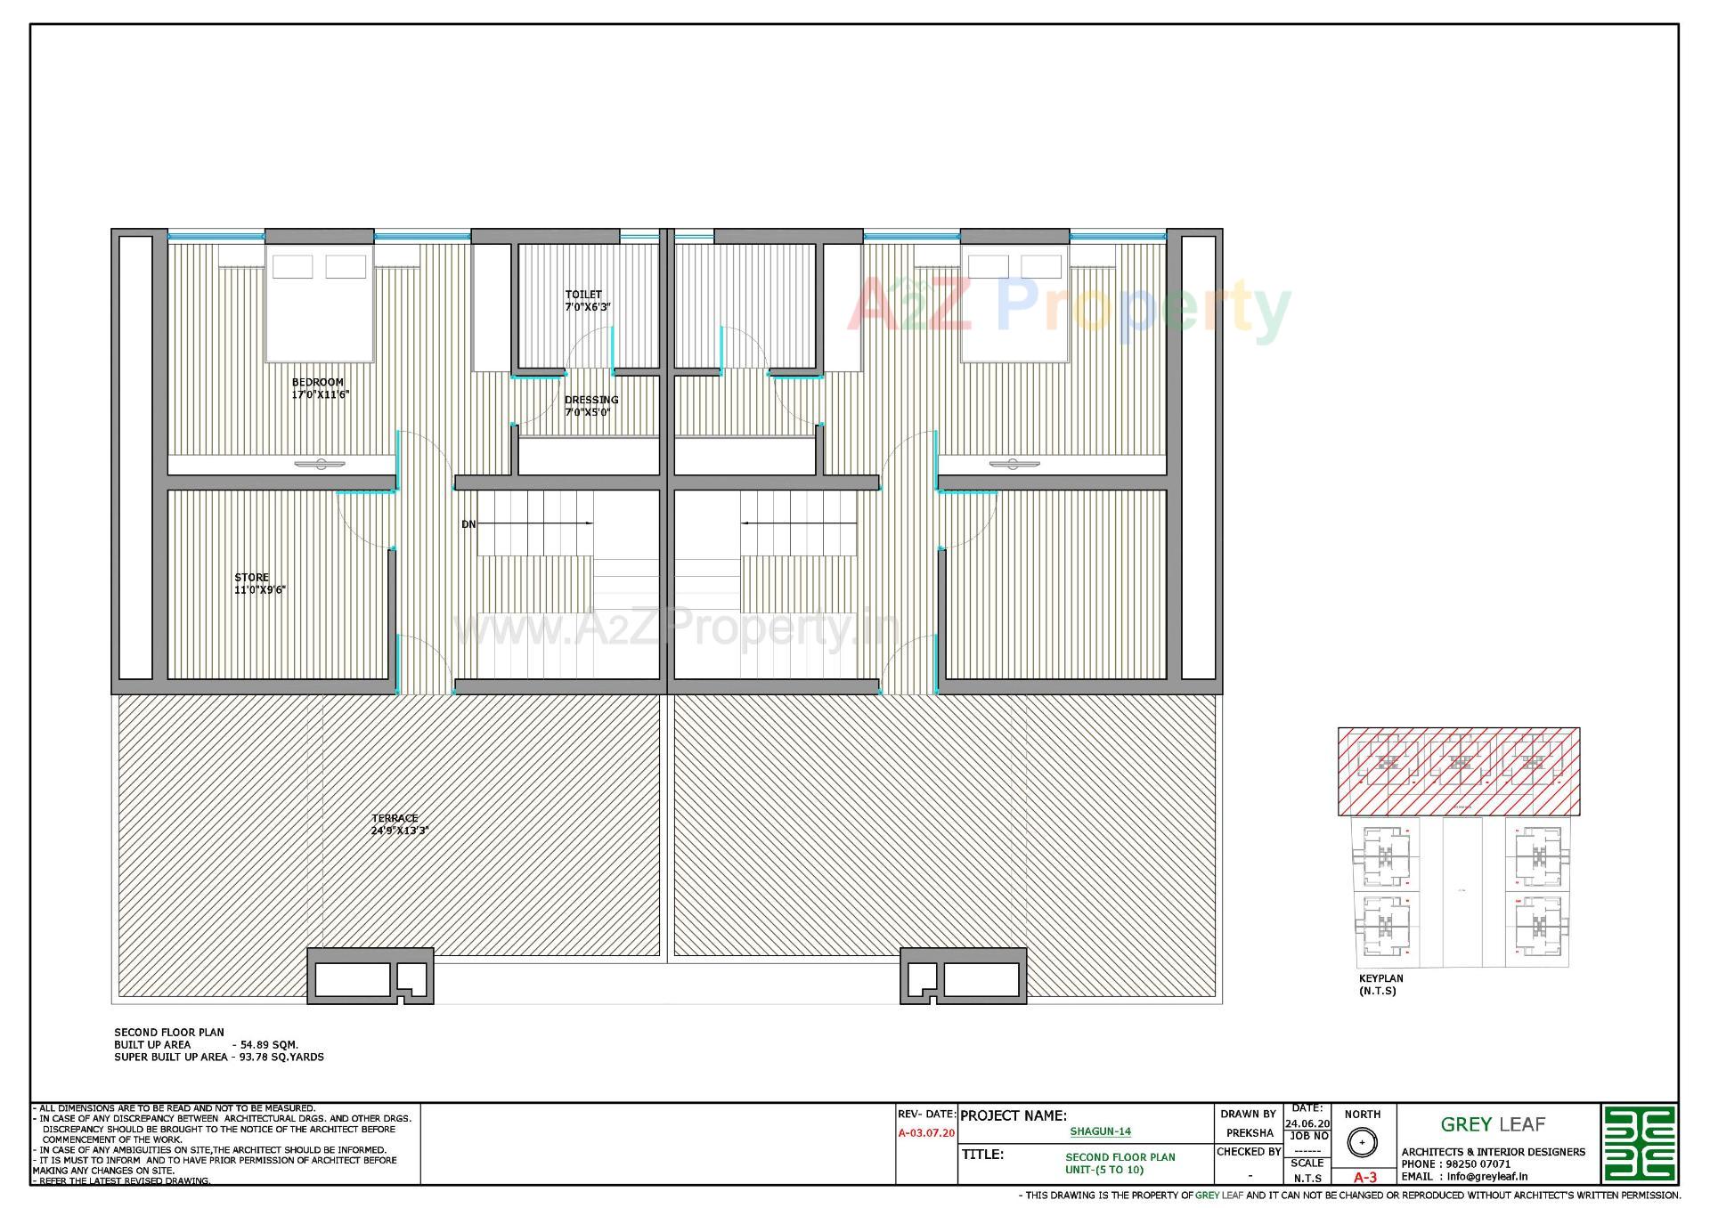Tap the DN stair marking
[x=468, y=524]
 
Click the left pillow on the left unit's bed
[x=292, y=266]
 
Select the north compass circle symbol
[x=1362, y=1142]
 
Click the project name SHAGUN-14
[x=1100, y=1131]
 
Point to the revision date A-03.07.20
[x=925, y=1133]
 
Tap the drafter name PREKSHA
[x=1249, y=1133]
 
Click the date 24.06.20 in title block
[x=1307, y=1124]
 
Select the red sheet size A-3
[x=1364, y=1177]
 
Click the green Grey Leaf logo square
[x=1639, y=1144]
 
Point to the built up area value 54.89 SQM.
[x=269, y=1045]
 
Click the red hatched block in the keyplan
[x=1458, y=771]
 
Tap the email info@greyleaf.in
[x=1486, y=1176]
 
